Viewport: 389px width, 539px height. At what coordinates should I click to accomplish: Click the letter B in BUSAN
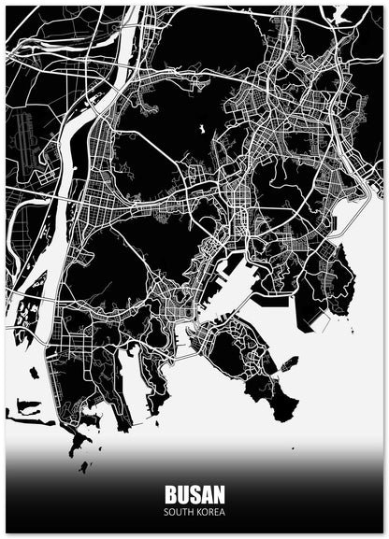(171, 495)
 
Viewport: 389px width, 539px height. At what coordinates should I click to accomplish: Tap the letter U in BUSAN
(183, 495)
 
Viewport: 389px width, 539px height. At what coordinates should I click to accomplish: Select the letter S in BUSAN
(194, 495)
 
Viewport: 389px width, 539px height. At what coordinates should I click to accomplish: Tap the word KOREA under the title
(210, 512)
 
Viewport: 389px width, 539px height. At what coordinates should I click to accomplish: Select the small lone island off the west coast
(35, 373)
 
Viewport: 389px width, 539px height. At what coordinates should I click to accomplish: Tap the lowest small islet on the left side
(84, 467)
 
